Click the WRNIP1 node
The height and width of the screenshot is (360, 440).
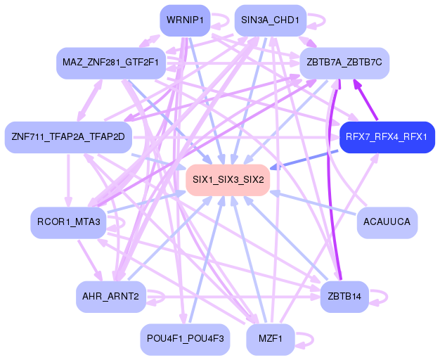click(x=186, y=20)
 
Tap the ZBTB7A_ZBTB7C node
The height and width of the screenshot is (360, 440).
click(x=344, y=63)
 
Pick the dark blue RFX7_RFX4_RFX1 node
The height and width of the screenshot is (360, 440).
click(x=386, y=136)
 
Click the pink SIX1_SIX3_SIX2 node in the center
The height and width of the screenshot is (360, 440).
click(x=228, y=179)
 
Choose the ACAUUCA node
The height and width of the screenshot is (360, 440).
click(x=387, y=222)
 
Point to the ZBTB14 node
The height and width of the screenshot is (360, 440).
click(x=344, y=297)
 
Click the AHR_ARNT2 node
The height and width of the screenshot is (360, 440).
click(x=110, y=297)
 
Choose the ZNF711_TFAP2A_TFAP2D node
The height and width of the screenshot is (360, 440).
click(x=67, y=136)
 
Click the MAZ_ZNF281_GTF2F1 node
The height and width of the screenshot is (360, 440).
click(x=110, y=63)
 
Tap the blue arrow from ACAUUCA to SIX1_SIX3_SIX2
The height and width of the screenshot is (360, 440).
click(x=316, y=203)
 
